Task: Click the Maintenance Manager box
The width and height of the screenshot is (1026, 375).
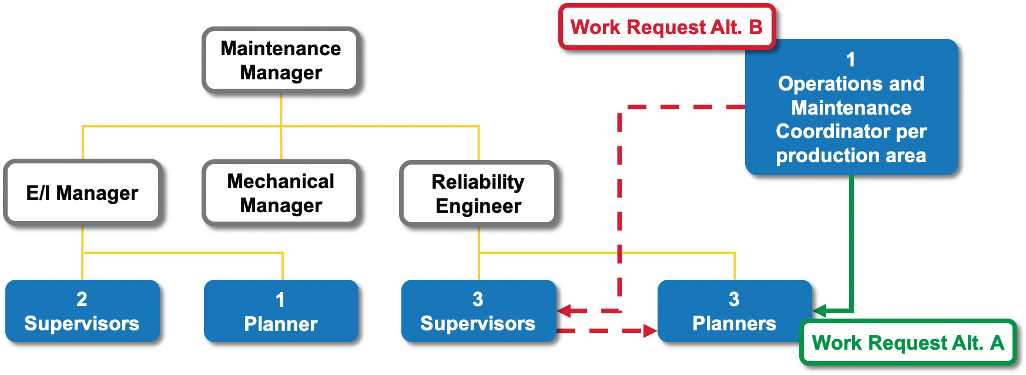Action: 281,61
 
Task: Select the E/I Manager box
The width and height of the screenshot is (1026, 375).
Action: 82,193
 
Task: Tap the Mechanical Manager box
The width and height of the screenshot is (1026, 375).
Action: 281,193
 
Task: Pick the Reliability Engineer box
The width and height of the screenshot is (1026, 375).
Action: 478,193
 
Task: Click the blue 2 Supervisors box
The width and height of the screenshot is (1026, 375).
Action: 82,311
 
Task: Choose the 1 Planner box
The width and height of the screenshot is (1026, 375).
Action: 281,311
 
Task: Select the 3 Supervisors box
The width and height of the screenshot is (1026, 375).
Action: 478,311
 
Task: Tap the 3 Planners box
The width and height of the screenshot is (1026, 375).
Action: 734,311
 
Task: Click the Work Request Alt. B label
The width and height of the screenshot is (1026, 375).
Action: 666,27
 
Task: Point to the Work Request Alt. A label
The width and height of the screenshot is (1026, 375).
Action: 908,343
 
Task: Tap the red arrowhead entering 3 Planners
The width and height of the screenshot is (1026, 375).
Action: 649,331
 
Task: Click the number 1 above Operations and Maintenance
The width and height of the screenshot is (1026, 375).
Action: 850,59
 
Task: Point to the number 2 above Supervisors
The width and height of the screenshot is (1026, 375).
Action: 82,299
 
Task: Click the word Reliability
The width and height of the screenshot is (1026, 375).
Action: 478,182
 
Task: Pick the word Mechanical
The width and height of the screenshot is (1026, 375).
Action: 281,181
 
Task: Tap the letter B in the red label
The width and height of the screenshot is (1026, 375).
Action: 756,27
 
